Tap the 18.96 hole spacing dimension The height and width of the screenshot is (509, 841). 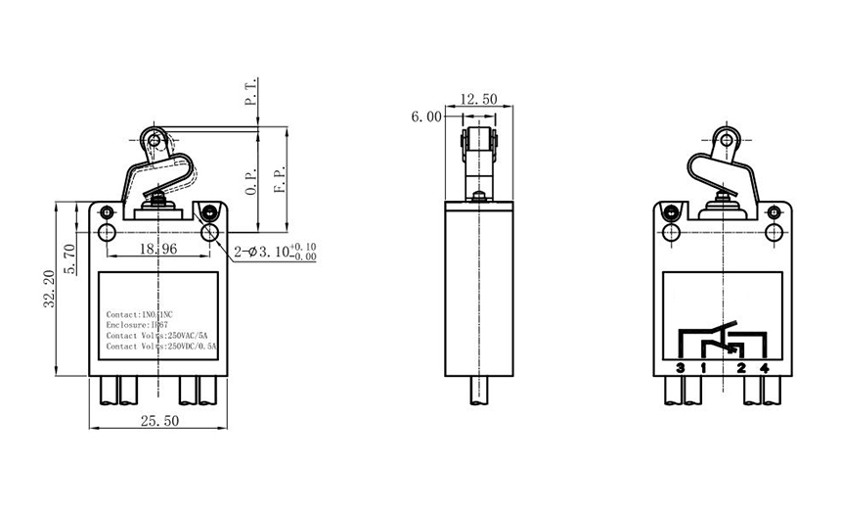156,249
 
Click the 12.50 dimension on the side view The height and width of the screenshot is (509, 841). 478,99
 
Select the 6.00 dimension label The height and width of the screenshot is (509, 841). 426,116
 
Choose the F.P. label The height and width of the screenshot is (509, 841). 280,182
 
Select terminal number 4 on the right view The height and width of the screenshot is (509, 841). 765,368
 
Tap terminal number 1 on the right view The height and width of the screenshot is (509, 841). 703,368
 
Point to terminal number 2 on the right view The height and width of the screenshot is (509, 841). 741,368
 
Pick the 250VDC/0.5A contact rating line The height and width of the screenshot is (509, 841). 162,346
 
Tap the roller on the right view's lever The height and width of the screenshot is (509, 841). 725,138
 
